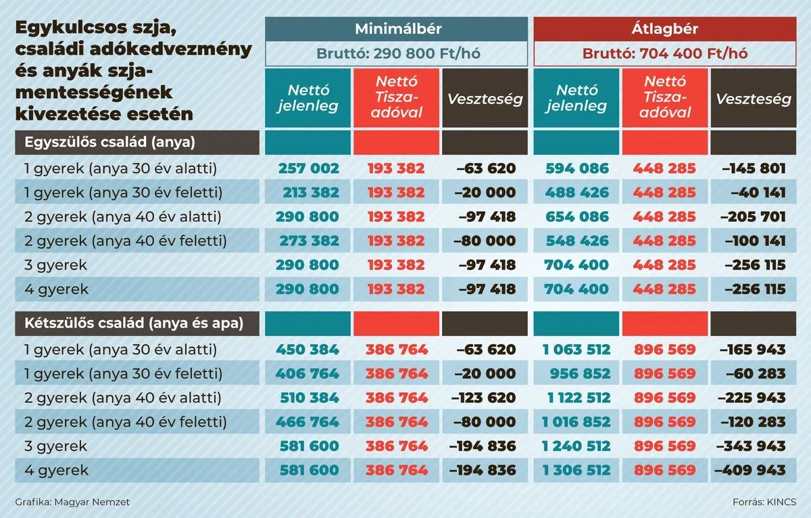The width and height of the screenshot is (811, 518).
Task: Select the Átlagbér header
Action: (665, 29)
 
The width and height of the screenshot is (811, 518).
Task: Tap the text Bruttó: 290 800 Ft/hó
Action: (397, 53)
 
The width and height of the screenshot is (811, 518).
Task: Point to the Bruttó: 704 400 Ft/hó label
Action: (665, 53)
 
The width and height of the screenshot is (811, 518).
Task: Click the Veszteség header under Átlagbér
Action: (754, 99)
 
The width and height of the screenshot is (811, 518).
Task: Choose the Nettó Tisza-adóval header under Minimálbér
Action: (397, 99)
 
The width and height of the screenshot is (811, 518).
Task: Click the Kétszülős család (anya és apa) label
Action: (133, 324)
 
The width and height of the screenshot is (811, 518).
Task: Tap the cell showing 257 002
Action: (308, 168)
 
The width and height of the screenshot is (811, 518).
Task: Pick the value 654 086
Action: (577, 217)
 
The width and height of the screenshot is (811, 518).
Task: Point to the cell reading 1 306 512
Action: (576, 470)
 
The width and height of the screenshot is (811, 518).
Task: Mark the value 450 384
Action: (308, 350)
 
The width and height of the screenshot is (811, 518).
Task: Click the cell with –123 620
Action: (483, 398)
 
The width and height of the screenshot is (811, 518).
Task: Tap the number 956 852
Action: (577, 374)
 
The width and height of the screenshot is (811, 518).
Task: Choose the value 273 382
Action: (308, 241)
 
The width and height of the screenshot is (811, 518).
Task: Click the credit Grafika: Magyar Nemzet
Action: (72, 502)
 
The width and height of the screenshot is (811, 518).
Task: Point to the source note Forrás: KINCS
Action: (764, 502)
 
